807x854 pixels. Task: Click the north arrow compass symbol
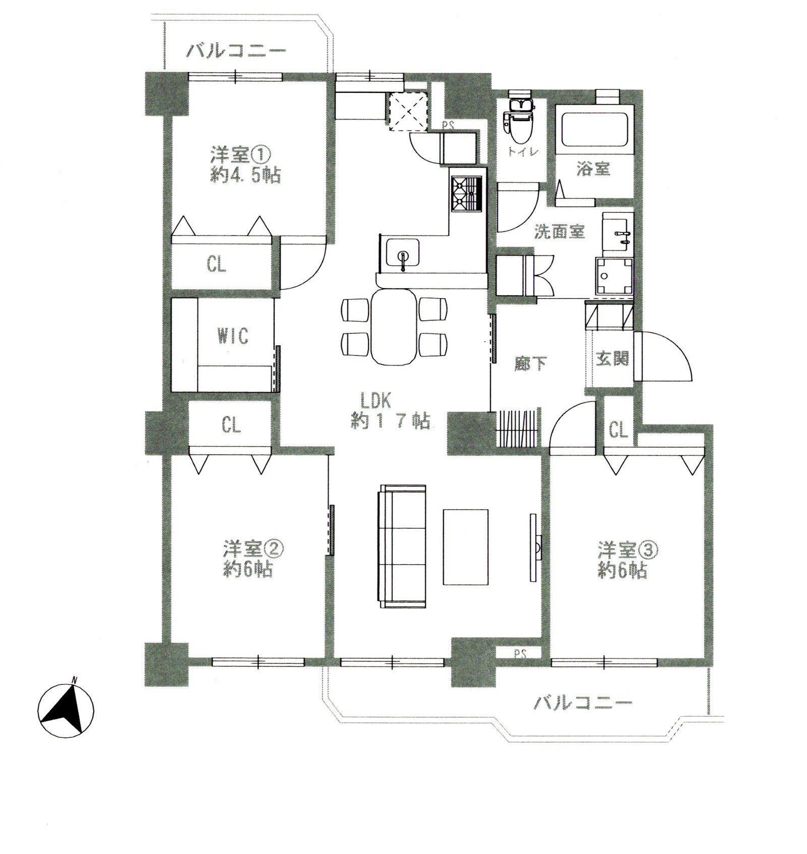pos(66,711)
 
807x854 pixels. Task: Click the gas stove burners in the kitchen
pos(467,194)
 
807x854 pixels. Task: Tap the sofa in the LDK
pos(402,546)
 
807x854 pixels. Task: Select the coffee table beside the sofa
pos(465,547)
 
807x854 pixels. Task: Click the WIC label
pos(233,336)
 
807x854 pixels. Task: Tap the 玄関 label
pos(612,359)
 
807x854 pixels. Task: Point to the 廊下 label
pos(531,364)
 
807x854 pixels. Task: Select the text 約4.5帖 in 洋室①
pos(245,176)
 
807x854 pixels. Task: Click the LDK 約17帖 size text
pos(390,421)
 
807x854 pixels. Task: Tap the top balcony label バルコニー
pos(236,51)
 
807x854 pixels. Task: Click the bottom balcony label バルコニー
pos(582,702)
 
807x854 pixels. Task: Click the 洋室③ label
pos(628,550)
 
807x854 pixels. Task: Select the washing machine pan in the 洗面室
pos(613,276)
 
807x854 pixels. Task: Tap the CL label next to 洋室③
pos(618,430)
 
